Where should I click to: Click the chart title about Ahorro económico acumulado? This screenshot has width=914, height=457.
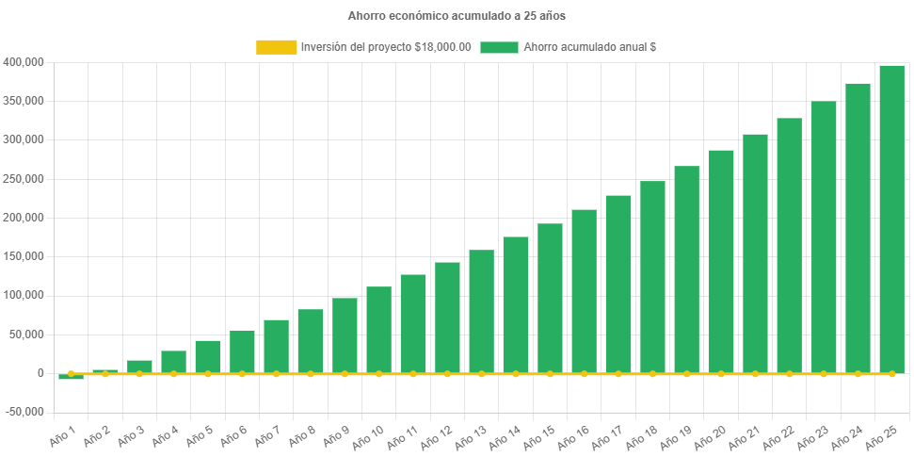click(457, 16)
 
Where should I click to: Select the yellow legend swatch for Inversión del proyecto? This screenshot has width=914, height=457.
click(276, 47)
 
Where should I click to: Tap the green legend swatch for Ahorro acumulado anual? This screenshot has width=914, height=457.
click(499, 47)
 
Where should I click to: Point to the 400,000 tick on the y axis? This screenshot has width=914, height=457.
click(23, 62)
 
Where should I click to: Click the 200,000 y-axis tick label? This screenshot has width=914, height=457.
click(23, 218)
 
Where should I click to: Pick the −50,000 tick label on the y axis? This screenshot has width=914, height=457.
click(21, 412)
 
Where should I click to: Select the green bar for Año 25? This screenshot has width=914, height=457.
click(891, 219)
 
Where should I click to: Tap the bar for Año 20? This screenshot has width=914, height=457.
click(721, 261)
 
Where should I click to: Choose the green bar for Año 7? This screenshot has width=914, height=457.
click(276, 346)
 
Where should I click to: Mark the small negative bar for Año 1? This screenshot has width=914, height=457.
click(71, 377)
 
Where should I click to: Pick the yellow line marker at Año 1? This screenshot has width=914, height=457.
click(71, 374)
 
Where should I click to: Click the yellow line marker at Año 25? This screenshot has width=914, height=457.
click(891, 374)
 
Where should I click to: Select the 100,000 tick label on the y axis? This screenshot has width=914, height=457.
click(23, 295)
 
